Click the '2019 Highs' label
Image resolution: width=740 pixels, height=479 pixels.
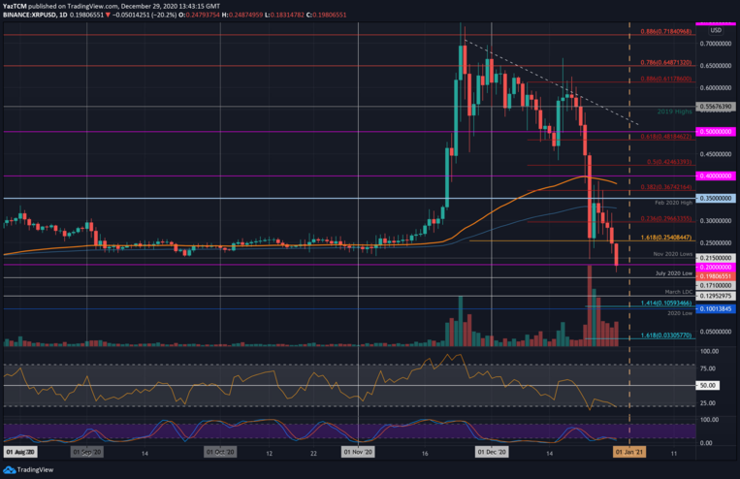pos(674,112)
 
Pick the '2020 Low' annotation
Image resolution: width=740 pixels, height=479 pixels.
pos(679,313)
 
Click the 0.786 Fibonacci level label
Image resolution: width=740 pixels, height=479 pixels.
pos(666,61)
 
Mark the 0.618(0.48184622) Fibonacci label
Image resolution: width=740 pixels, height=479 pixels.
pos(666,137)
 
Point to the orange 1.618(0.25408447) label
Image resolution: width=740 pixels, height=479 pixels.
pos(666,236)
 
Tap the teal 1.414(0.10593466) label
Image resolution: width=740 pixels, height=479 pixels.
pos(666,303)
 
